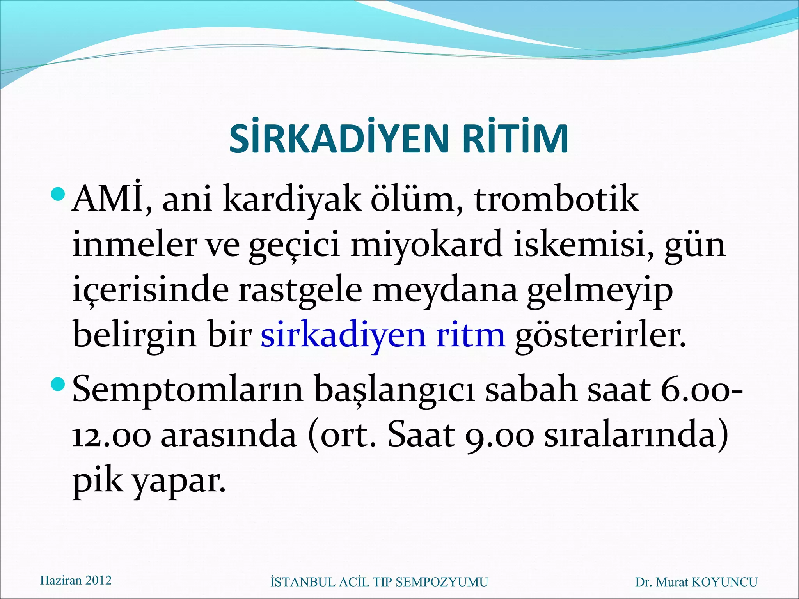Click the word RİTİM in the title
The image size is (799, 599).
coord(515,139)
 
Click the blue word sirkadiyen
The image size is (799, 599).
coord(343,335)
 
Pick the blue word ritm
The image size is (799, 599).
coord(471,335)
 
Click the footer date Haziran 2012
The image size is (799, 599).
coord(76,580)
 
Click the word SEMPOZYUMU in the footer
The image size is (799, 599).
coord(442,582)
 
